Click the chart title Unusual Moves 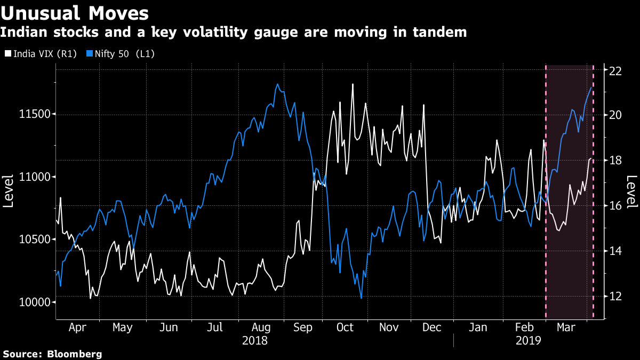click(x=74, y=12)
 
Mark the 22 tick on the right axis click(x=617, y=70)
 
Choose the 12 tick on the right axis click(x=617, y=296)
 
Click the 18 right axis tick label click(x=617, y=160)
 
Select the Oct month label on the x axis click(x=346, y=327)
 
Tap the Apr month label click(x=77, y=327)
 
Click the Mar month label click(x=566, y=327)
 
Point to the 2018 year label click(x=254, y=340)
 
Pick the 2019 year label click(x=529, y=340)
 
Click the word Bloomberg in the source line click(x=75, y=354)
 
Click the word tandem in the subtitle click(x=439, y=33)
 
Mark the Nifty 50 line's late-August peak click(x=277, y=84)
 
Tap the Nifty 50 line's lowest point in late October click(x=361, y=298)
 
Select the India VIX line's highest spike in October click(x=353, y=84)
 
